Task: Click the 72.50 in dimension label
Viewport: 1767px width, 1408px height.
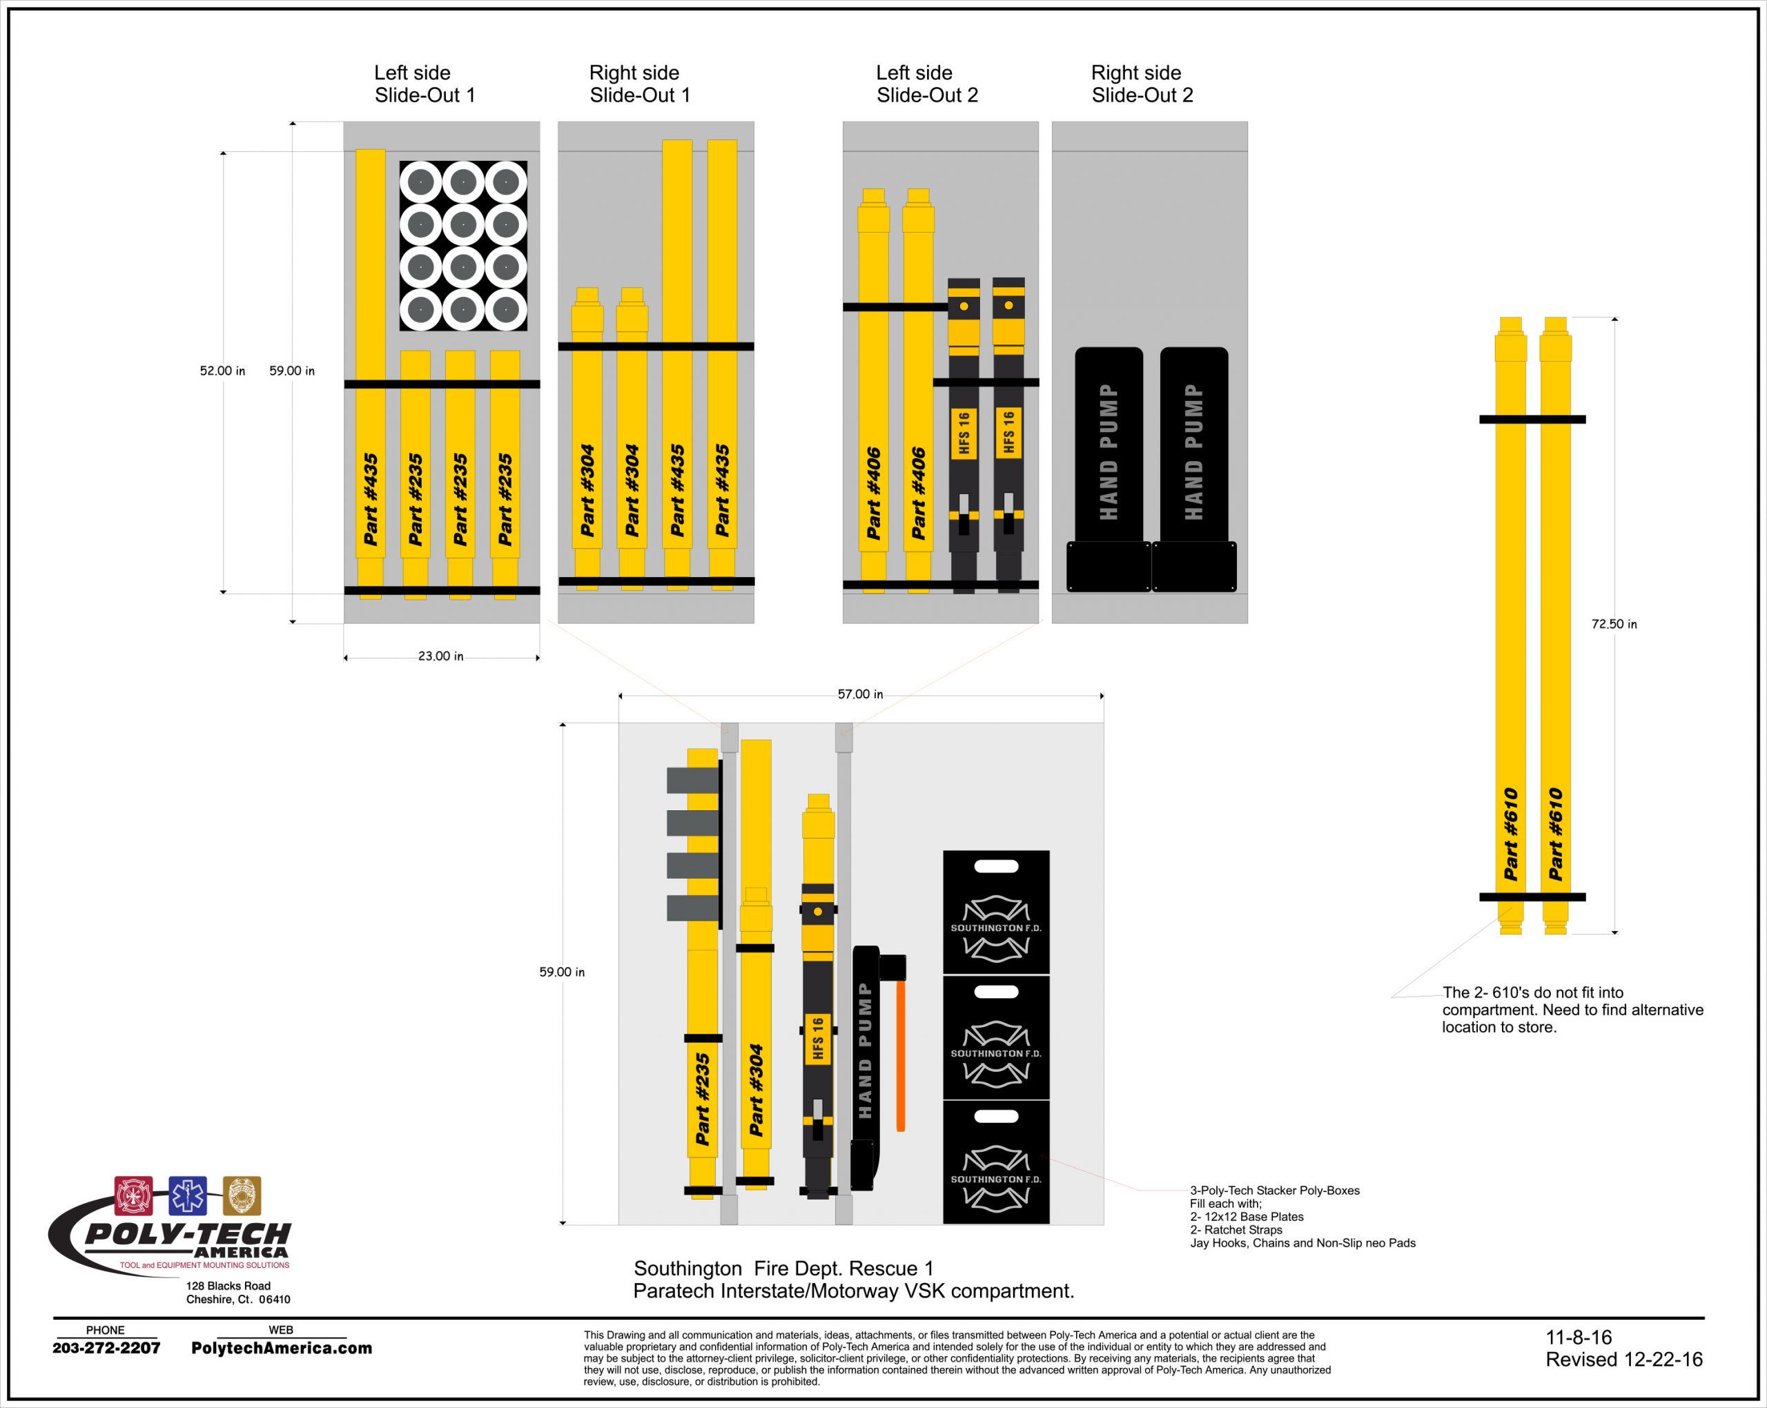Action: pos(1614,624)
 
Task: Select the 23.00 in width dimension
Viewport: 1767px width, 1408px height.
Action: pos(441,656)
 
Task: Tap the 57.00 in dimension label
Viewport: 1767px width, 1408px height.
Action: pos(860,694)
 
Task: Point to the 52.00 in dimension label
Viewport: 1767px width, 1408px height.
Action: pos(222,371)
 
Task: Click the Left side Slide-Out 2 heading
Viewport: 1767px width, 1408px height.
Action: pos(927,84)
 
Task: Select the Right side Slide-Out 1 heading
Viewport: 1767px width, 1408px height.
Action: pos(639,84)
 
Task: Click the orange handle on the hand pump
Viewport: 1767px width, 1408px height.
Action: pos(900,1055)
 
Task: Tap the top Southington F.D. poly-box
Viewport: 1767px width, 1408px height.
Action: pos(996,912)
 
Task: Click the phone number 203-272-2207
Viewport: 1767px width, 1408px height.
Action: pos(106,1347)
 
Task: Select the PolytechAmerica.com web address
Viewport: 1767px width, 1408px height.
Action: pos(281,1348)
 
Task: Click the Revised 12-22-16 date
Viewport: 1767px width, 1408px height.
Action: pos(1623,1360)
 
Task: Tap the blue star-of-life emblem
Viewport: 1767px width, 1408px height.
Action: pos(188,1195)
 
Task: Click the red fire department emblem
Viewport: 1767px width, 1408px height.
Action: pos(134,1195)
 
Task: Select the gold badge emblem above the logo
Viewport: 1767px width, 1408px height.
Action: pos(242,1195)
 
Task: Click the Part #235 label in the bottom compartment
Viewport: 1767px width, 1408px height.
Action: pos(703,1099)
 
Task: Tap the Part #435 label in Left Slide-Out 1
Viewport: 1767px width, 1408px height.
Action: pos(371,499)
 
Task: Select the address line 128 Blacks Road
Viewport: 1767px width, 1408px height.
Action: pos(228,1286)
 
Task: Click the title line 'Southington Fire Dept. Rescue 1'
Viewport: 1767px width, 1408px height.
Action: pos(783,1269)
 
